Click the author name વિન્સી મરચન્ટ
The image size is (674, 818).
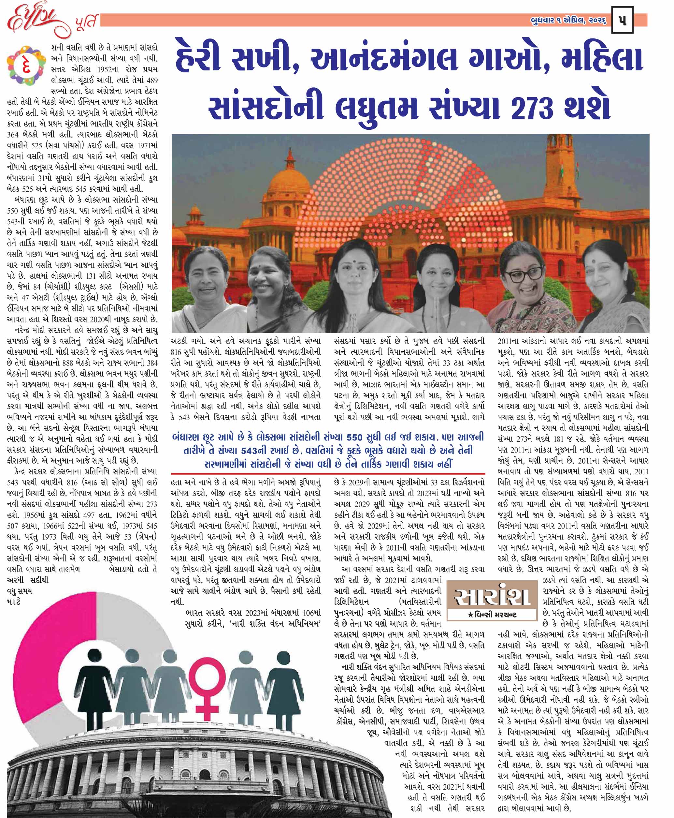tap(492, 615)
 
